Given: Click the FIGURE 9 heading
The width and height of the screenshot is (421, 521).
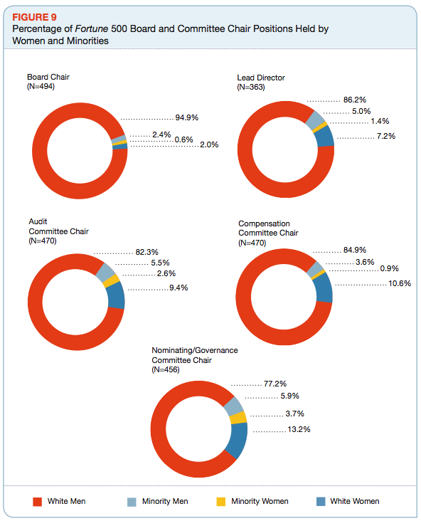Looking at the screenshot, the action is pos(34,17).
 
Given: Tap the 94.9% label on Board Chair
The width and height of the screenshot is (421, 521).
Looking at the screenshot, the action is pos(186,117).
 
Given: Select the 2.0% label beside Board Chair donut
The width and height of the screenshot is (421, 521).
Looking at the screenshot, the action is pos(209,144).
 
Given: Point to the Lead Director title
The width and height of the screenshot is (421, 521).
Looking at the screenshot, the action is pos(261,78).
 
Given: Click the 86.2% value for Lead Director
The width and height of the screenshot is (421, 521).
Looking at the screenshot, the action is pos(355,100).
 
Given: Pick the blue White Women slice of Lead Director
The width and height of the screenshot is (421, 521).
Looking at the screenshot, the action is pos(325,137).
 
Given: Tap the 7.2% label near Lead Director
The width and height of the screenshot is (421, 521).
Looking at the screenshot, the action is pos(386,136).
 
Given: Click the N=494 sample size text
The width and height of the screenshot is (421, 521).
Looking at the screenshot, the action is pos(41,86).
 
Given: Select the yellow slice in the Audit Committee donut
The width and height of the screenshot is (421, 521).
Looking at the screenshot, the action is pos(111,280).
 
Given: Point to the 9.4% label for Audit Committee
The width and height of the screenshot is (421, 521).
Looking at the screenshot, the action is pos(178,288).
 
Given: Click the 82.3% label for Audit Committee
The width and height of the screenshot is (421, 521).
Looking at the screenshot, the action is pos(146,252).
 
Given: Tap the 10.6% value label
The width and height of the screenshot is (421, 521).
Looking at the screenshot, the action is pos(400,283).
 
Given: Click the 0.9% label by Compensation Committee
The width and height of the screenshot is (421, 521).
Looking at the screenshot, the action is pos(389,268).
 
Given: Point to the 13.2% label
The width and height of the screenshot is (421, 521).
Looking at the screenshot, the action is pos(299,429).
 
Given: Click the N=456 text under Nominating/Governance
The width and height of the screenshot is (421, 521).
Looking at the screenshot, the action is pos(166,369).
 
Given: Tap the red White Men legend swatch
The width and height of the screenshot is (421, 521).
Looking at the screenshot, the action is pos(38,502).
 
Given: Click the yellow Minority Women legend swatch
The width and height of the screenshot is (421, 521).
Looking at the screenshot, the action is pos(220,502).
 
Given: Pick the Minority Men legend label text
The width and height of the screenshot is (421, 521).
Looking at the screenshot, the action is pos(165,501).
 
